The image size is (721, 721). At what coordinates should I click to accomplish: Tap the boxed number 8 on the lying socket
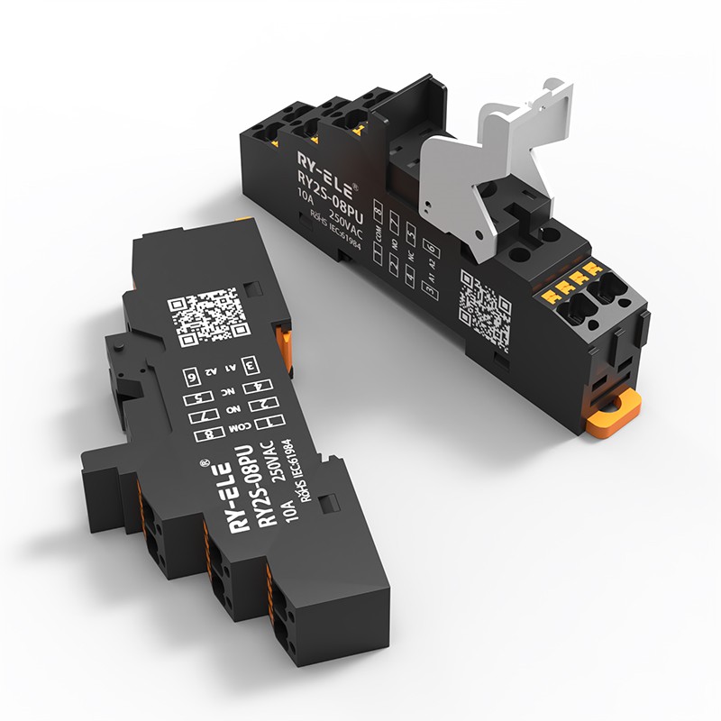pos(209,434)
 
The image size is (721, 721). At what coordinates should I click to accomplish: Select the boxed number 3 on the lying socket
pos(251,365)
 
